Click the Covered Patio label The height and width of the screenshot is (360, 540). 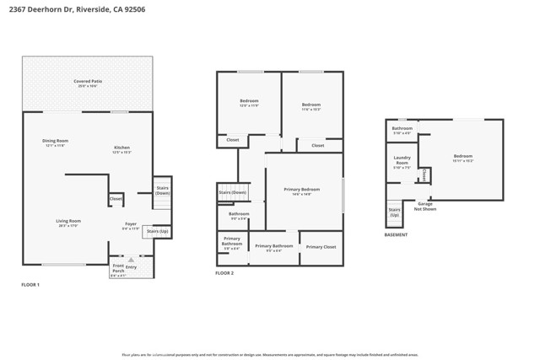(88, 81)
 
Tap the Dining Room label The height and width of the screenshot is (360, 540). (56, 141)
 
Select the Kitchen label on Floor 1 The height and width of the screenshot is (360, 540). (122, 148)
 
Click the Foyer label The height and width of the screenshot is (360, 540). (131, 224)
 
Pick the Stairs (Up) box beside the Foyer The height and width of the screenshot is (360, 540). (157, 231)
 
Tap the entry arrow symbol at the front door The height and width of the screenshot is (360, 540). (131, 260)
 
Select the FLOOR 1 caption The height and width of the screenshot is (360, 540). (30, 285)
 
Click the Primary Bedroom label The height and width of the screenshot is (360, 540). (302, 190)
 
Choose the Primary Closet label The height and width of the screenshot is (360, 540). (321, 247)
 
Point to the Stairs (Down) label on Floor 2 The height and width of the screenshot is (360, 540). (232, 193)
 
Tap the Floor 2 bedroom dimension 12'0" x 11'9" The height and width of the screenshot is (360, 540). (249, 106)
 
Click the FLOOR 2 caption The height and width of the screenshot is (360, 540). (224, 273)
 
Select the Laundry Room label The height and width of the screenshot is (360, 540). (402, 159)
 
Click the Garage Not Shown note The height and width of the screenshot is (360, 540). (425, 206)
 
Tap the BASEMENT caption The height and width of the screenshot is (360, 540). (396, 235)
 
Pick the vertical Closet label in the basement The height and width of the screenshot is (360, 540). (424, 175)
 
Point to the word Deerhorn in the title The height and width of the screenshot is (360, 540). (49, 10)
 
